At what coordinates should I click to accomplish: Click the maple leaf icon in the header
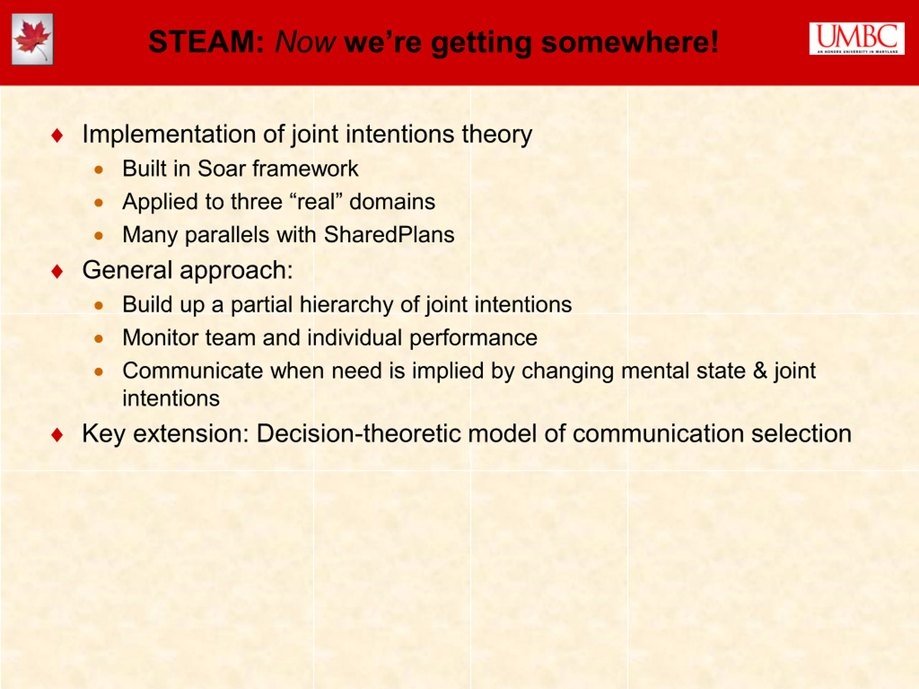(32, 39)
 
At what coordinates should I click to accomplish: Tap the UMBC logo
(857, 39)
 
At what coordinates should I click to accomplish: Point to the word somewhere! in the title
(630, 42)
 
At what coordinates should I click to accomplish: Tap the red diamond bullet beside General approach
(57, 271)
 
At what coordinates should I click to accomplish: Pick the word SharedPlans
(389, 235)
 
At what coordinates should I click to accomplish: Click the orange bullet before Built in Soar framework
(98, 169)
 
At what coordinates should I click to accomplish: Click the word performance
(473, 338)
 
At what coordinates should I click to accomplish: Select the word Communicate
(193, 370)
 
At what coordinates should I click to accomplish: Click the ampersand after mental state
(760, 370)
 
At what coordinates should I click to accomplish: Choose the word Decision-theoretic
(359, 433)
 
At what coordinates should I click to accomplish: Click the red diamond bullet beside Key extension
(57, 435)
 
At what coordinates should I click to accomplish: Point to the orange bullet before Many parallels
(98, 236)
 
